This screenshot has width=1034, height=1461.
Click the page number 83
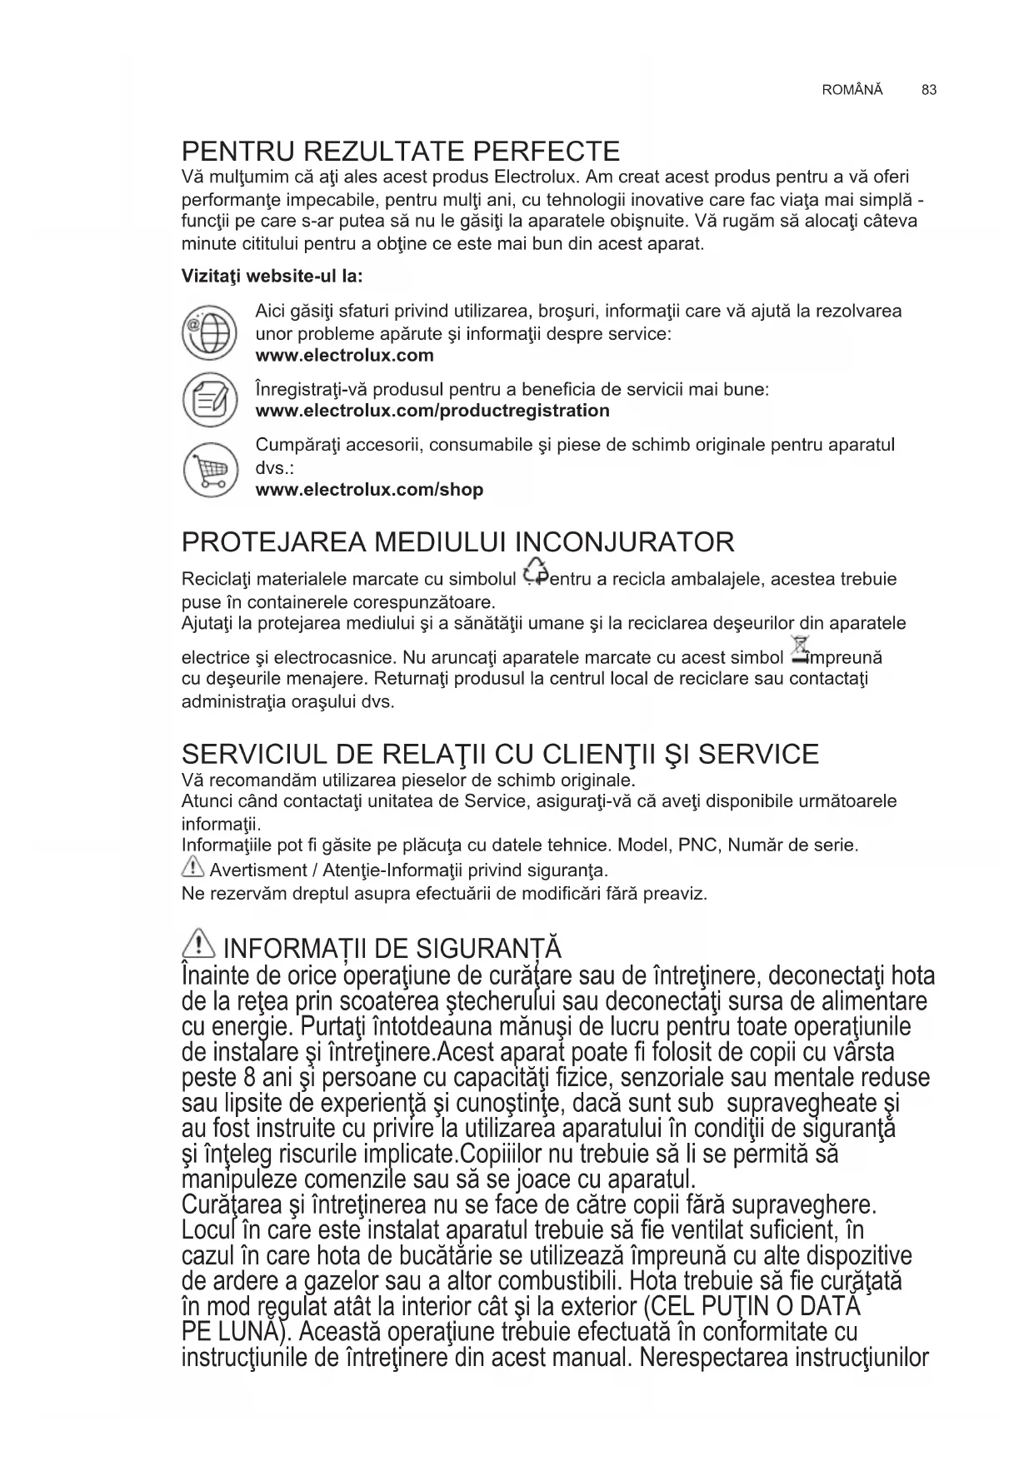[x=929, y=90]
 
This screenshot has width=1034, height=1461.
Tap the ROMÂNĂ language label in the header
[x=852, y=90]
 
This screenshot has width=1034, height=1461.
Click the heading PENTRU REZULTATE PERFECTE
[x=401, y=152]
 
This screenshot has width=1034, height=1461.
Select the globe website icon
[x=209, y=332]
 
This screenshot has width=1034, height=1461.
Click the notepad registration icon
[x=209, y=400]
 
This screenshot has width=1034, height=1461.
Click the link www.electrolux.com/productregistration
[x=432, y=411]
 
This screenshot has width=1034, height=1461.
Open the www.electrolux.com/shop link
[x=369, y=490]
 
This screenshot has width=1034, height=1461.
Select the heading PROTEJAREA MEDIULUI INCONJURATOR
[x=458, y=542]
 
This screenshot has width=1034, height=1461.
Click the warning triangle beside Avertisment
[x=192, y=869]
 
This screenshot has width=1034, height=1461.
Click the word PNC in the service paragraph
[x=697, y=846]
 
